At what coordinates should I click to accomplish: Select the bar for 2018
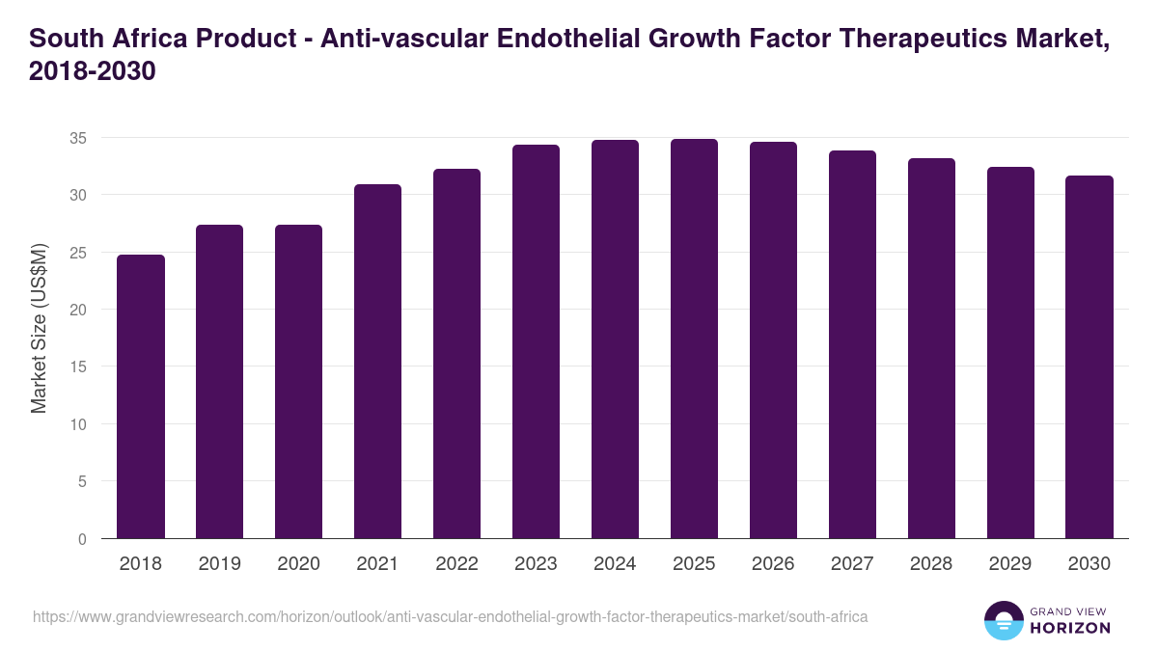click(141, 396)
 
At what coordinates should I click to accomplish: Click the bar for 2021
click(377, 362)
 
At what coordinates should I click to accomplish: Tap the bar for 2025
click(694, 339)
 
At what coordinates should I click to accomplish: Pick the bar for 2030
click(1089, 357)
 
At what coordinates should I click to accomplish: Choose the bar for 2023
click(536, 341)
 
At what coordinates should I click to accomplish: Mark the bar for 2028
click(931, 348)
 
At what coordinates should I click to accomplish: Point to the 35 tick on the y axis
click(78, 138)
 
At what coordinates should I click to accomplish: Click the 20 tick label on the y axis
click(78, 310)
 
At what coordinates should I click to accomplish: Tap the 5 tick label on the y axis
click(83, 481)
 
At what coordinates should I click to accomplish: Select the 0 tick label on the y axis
click(83, 539)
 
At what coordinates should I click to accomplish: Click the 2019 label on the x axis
click(220, 564)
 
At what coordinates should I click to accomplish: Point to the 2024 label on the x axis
click(615, 564)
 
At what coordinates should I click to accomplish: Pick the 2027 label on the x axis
click(852, 564)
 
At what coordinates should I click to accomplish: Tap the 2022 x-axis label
click(456, 564)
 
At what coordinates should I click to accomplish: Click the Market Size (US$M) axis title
click(39, 328)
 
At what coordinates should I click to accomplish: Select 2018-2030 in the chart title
click(93, 71)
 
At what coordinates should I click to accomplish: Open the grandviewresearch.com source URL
click(451, 616)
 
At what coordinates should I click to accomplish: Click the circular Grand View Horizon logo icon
click(1004, 620)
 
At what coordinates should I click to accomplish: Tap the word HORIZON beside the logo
click(1071, 628)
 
